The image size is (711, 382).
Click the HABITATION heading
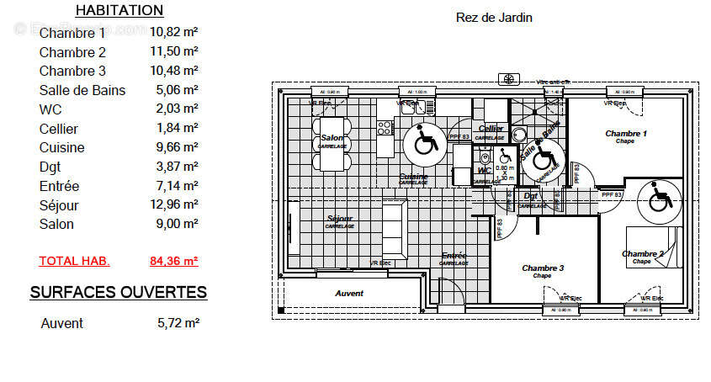tap(119, 11)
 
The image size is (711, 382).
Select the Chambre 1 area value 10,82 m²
tap(174, 33)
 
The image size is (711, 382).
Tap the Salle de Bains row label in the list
tap(82, 90)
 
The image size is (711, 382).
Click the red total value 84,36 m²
tap(174, 261)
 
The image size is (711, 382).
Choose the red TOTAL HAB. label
tap(74, 261)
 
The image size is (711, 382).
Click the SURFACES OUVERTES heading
tap(119, 293)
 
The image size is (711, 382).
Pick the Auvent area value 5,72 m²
tap(178, 323)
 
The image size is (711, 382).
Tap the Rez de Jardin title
tap(494, 18)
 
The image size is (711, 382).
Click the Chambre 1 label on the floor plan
tap(626, 134)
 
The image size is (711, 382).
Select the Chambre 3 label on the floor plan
tap(543, 268)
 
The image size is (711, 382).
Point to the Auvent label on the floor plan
tap(349, 294)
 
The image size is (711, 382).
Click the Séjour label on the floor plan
tap(340, 219)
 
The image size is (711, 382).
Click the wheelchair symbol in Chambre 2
tap(658, 200)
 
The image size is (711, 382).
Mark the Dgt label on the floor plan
tap(531, 196)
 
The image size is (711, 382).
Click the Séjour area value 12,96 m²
tap(174, 204)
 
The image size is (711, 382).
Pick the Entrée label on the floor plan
tap(454, 255)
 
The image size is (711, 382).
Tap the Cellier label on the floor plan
tap(491, 129)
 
